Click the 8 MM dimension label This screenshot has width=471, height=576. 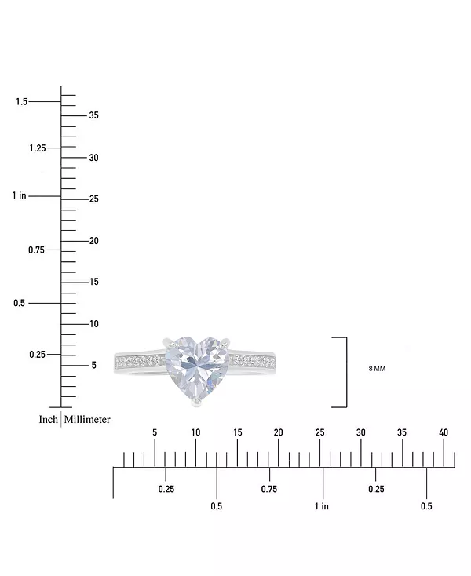(377, 369)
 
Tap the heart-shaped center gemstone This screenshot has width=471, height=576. (197, 369)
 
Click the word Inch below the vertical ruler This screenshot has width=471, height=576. (49, 420)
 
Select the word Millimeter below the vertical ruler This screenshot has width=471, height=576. (87, 420)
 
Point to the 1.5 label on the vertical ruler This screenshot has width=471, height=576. (22, 101)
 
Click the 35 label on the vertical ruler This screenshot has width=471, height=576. (93, 115)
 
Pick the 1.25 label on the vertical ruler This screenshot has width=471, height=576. (38, 148)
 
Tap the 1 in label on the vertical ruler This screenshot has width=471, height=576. (19, 195)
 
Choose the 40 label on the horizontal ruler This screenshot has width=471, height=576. (444, 432)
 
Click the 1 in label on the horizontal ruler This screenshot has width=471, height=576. (322, 506)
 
